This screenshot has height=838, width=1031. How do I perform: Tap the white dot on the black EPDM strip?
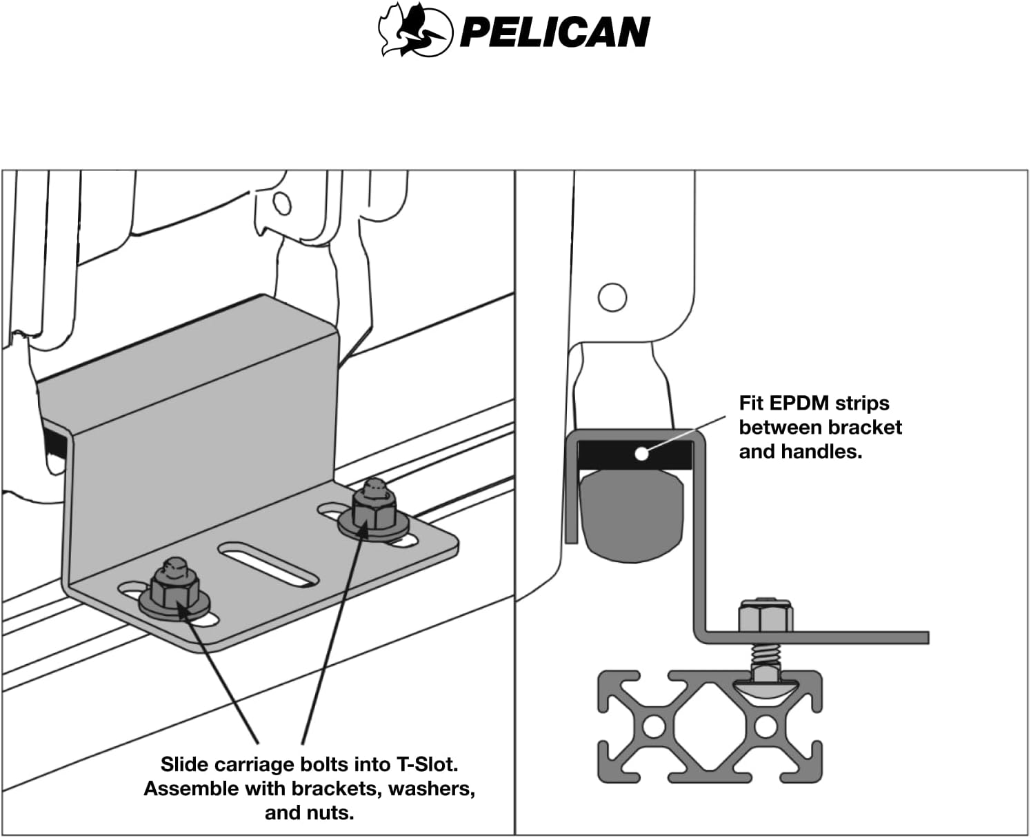[641, 453]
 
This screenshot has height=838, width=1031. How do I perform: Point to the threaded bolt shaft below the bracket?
[765, 659]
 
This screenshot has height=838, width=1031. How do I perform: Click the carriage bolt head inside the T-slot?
[765, 686]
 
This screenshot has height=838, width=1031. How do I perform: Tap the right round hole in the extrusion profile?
[765, 726]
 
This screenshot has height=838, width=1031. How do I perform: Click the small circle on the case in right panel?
[612, 297]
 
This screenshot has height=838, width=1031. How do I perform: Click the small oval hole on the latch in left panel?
[281, 203]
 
